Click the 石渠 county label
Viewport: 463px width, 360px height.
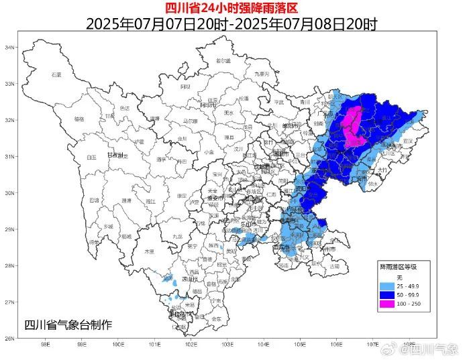coord(56,74)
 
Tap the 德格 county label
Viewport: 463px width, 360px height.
coord(79,119)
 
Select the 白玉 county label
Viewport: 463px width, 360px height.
coord(91,157)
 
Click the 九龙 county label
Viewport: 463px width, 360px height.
coord(177,237)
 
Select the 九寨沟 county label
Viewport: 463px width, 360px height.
coord(261,74)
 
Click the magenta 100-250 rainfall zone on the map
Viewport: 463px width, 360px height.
coord(353,125)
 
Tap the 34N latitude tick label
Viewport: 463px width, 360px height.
coord(10,48)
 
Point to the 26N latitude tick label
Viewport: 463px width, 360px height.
coord(10,339)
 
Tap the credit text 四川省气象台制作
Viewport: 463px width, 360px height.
coord(68,325)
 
